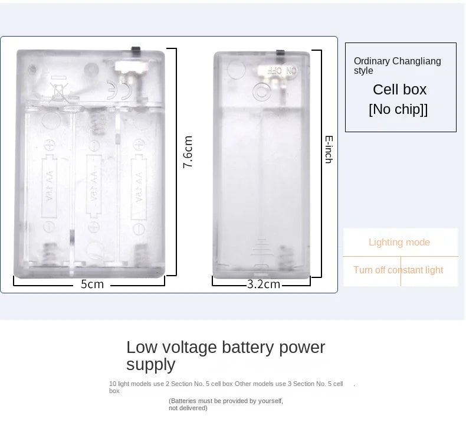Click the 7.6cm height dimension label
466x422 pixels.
[188, 152]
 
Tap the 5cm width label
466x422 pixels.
[92, 284]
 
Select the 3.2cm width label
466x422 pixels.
[263, 284]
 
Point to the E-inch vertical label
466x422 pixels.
[329, 149]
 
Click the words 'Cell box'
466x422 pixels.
[399, 90]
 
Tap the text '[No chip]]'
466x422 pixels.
[398, 110]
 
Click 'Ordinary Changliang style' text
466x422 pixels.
[397, 66]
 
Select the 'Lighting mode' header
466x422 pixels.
[399, 242]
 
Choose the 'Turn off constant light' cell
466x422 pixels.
[398, 270]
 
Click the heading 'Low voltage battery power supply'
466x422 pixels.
[225, 355]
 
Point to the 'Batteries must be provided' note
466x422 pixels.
[226, 404]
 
